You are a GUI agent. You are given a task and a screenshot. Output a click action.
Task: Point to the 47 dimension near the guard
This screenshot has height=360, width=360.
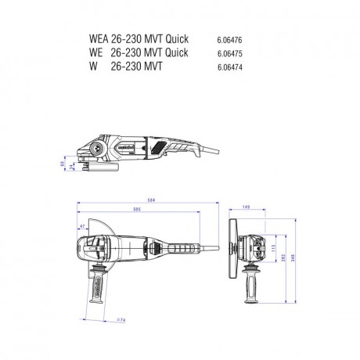point(81,227)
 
